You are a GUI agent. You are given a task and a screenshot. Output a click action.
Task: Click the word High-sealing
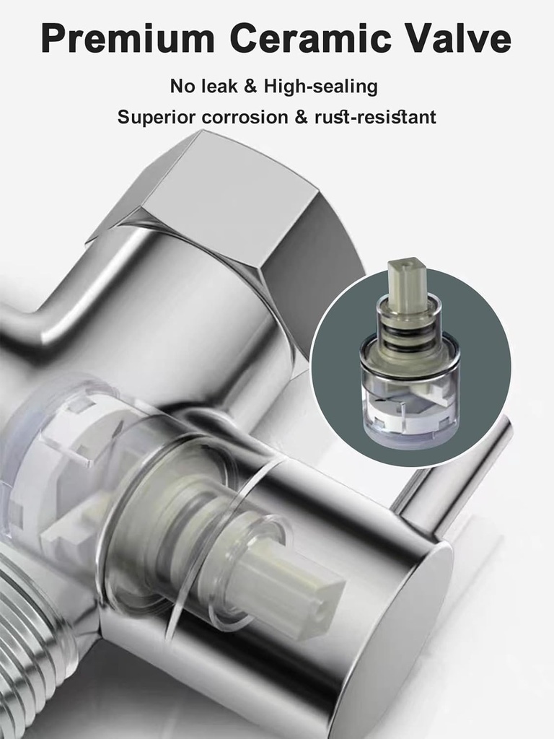[x=320, y=87]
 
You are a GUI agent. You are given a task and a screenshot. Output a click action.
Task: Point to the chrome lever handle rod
[x=462, y=469]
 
